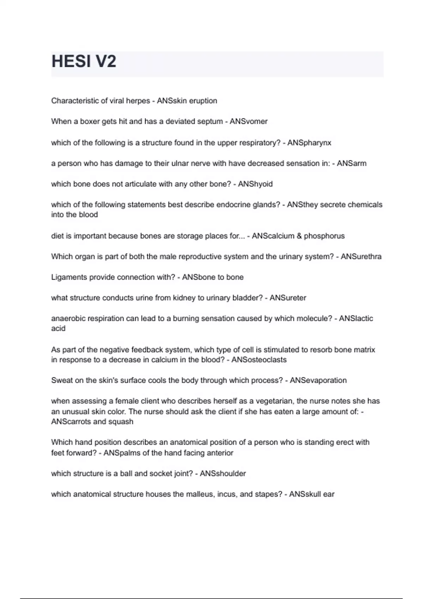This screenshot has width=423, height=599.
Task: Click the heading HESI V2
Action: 84,62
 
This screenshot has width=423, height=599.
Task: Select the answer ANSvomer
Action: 249,122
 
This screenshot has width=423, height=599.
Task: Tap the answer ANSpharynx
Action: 309,143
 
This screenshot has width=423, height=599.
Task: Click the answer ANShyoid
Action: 255,184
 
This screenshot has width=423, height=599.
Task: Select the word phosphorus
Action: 324,236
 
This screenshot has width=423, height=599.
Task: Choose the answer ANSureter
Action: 288,298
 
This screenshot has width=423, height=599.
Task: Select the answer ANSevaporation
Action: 318,381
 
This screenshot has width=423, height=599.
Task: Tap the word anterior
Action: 220,453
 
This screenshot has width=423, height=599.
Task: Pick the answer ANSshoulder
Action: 223,474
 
